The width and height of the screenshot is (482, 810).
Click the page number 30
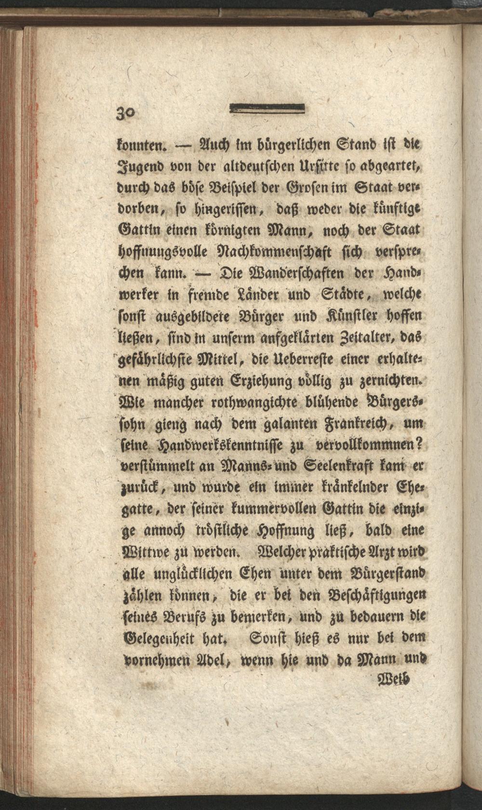[x=126, y=114]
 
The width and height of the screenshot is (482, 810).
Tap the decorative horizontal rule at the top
[x=268, y=109]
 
